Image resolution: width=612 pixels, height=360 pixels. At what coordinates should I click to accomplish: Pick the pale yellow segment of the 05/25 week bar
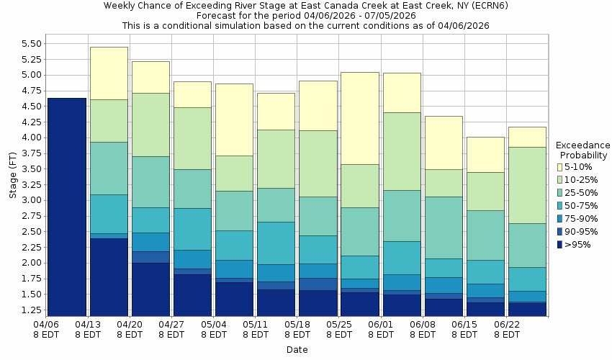[359, 118]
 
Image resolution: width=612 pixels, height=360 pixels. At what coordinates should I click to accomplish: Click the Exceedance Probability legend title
[583, 150]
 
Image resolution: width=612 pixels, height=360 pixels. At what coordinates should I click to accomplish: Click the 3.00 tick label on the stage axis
[31, 200]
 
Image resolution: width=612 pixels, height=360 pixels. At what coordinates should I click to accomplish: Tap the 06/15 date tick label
[464, 329]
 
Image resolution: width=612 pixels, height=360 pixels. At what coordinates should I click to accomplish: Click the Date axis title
[297, 350]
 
